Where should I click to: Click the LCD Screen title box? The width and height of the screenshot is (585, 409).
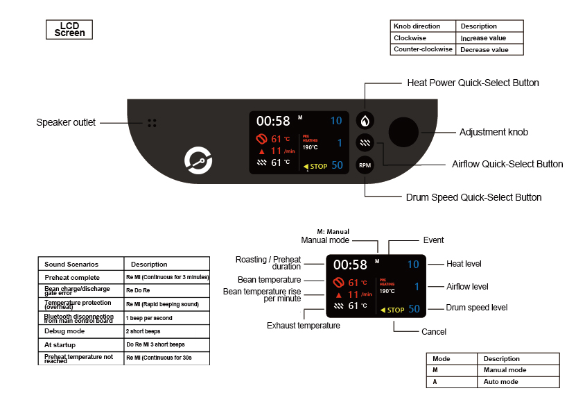coord(69,29)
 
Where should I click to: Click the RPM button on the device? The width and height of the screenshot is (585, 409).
coord(365,165)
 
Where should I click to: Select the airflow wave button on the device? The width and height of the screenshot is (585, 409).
coord(365,143)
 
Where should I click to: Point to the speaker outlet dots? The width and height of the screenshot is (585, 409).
coord(152,123)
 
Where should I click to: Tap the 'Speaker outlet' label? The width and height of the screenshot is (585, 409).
coord(66,123)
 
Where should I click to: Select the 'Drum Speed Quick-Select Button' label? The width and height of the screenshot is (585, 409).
coord(473,197)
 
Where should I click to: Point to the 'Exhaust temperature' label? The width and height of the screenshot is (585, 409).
coord(303,325)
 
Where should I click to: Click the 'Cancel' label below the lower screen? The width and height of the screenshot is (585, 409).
coord(434,332)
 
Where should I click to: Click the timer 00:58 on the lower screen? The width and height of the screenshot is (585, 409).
coord(350,265)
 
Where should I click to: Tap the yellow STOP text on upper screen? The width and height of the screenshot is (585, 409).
coord(318,166)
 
